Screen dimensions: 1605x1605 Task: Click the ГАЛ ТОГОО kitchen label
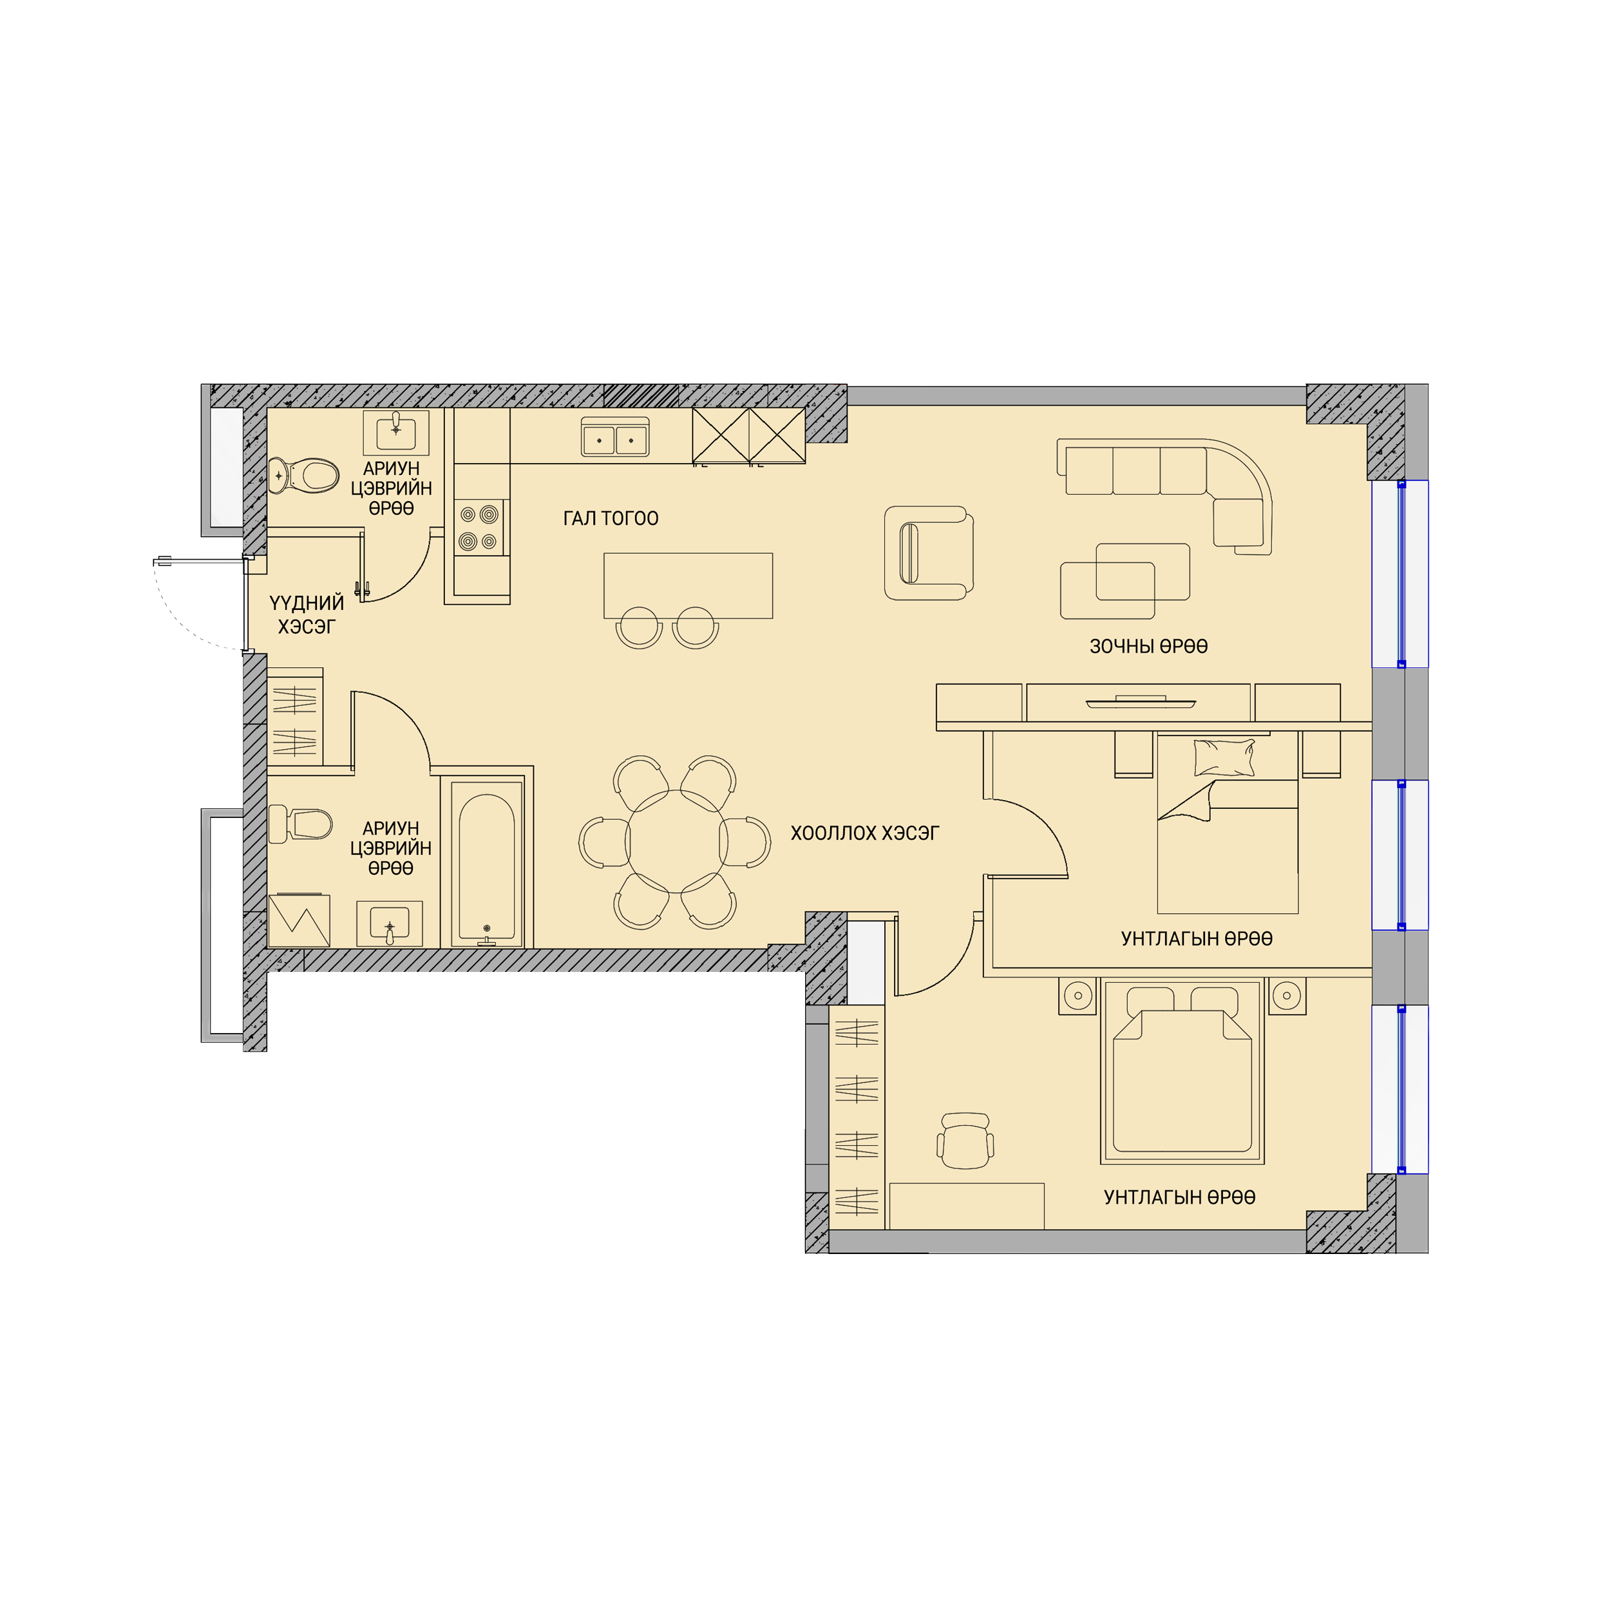click(611, 518)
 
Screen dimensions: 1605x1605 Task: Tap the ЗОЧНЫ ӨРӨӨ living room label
click(1148, 647)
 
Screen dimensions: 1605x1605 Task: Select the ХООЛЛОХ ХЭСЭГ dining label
click(865, 833)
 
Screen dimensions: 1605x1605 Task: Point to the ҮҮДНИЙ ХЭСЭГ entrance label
click(307, 614)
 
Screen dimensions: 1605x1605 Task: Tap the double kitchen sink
click(614, 437)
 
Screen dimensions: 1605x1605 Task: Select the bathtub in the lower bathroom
click(487, 866)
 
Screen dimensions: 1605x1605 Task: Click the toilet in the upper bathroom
click(304, 475)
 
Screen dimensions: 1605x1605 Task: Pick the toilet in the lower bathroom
click(300, 823)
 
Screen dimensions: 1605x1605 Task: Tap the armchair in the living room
click(928, 553)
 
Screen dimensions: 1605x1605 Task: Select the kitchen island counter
click(688, 585)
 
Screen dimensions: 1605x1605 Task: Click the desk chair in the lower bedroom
click(965, 1141)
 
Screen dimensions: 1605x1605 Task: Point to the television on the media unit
click(1141, 703)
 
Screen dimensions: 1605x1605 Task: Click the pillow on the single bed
click(1224, 757)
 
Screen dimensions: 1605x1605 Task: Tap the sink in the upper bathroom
click(396, 432)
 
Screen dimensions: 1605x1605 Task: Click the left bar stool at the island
click(639, 628)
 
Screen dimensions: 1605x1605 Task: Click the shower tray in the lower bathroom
click(299, 920)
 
